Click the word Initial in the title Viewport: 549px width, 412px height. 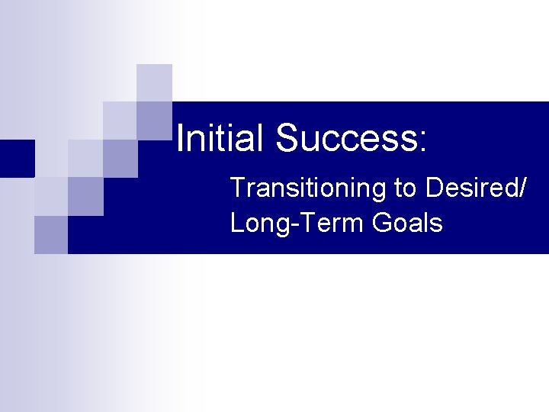coord(221,138)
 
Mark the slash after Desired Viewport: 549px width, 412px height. coord(521,188)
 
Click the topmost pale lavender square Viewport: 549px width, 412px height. coord(154,82)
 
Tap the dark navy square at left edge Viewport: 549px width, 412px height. coord(17,158)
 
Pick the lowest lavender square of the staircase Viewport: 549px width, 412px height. coord(51,234)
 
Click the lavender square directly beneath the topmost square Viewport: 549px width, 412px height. coord(154,121)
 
